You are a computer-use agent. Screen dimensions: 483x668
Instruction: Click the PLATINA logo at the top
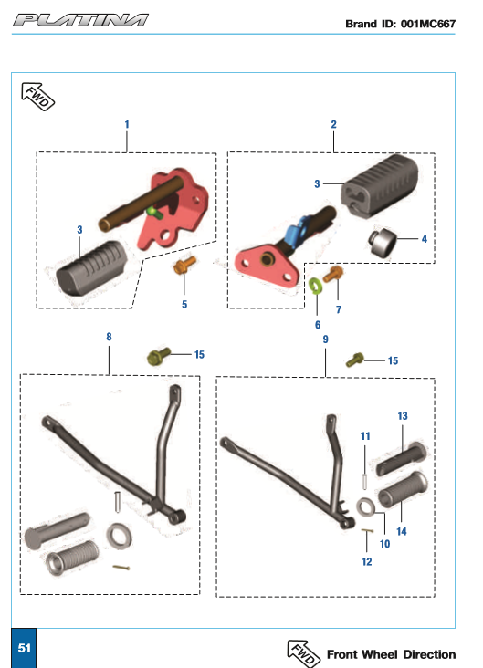[x=80, y=20]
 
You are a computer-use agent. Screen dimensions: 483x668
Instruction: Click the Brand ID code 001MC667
[x=428, y=24]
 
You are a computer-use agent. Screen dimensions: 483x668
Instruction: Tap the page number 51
[x=24, y=648]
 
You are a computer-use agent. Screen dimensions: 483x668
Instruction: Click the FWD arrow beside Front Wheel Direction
[x=303, y=653]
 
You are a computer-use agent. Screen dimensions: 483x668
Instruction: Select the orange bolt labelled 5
[x=184, y=265]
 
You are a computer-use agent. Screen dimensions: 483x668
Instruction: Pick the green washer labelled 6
[x=316, y=286]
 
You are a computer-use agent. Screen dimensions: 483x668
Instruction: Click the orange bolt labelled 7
[x=333, y=274]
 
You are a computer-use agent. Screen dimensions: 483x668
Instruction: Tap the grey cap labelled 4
[x=382, y=243]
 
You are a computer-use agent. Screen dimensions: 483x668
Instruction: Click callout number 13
[x=403, y=416]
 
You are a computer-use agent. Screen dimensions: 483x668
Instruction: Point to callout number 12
[x=367, y=561]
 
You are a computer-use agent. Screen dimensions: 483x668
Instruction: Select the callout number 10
[x=384, y=544]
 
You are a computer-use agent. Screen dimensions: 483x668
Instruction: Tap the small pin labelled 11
[x=365, y=482]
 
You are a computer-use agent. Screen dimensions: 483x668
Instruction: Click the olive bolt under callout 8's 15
[x=159, y=357]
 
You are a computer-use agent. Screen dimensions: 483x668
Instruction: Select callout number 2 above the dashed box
[x=333, y=124]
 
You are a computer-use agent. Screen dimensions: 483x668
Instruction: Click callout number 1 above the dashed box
[x=127, y=124]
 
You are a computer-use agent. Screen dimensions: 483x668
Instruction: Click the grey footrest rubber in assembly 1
[x=91, y=267]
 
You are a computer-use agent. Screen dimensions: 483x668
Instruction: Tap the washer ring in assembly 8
[x=119, y=536]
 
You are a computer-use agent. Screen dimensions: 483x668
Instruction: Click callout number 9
[x=325, y=339]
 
